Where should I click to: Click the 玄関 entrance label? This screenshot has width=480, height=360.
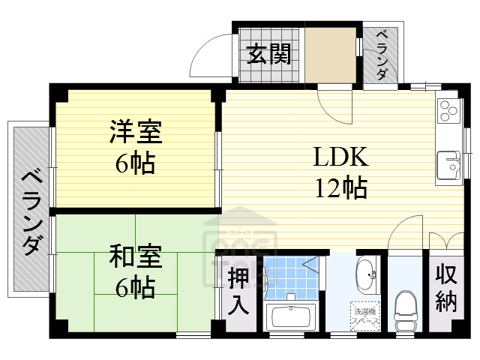point(269,55)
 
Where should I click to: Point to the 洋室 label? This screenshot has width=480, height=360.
point(135,133)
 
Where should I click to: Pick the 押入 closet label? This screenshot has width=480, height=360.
point(238,292)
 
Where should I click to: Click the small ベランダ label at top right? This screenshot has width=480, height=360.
point(381,54)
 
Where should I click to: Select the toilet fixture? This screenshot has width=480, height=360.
point(406,307)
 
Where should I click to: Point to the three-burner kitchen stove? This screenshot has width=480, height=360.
point(448,111)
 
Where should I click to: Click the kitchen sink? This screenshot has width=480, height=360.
point(448,164)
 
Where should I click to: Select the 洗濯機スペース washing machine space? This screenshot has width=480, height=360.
point(365,314)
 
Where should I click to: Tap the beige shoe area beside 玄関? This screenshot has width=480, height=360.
point(330,56)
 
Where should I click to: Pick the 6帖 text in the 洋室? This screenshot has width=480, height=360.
point(135,163)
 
